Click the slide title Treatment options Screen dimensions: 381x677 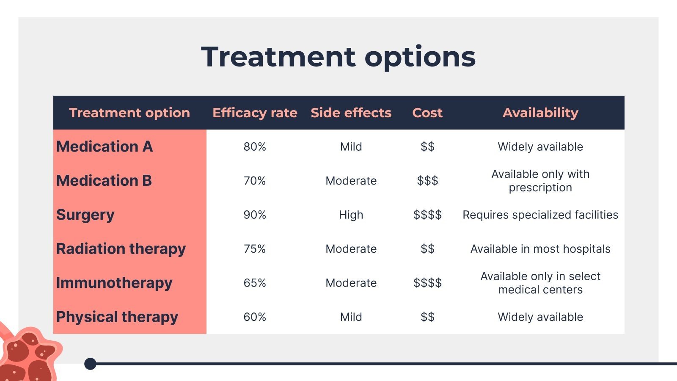pos(338,57)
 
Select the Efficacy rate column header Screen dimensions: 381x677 pos(255,113)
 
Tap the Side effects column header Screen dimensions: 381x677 pos(351,113)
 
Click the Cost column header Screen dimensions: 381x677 pos(427,113)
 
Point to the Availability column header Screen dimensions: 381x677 pos(540,113)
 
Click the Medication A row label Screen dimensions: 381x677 pos(105,146)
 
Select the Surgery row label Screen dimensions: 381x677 pos(85,215)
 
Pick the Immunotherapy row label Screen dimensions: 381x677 pos(114,283)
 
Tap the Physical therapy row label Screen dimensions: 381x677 pos(117,317)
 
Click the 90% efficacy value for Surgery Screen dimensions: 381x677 pos(255,215)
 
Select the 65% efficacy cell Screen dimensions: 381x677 pos(255,283)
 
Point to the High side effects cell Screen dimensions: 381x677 pos(351,215)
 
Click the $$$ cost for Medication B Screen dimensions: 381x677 pos(427,181)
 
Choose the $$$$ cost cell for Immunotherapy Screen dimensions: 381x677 pos(427,283)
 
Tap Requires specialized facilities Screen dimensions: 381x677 pos(540,215)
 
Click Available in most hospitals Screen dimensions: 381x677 pos(540,249)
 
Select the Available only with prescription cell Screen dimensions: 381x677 pos(540,181)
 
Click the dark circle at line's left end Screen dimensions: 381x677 pos(90,364)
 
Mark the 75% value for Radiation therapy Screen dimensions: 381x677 pos(255,249)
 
